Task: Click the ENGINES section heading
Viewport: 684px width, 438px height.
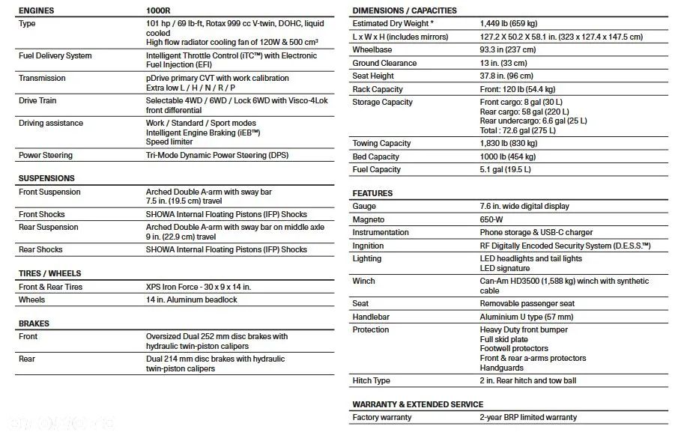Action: [x=36, y=11]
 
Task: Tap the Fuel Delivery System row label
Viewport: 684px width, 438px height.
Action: [x=55, y=55]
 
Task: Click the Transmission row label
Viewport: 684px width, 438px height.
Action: [x=42, y=78]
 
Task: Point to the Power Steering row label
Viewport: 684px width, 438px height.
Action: [x=46, y=155]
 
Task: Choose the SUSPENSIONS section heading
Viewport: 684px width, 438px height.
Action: [x=46, y=178]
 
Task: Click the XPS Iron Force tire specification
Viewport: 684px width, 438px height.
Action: [x=199, y=287]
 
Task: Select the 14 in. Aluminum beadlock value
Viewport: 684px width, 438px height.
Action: [x=191, y=299]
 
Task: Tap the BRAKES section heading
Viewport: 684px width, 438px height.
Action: [x=34, y=323]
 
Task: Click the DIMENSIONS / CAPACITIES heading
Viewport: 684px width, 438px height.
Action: [x=405, y=10]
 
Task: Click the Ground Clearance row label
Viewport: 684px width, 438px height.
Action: [x=384, y=63]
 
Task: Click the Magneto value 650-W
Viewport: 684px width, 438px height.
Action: [x=491, y=219]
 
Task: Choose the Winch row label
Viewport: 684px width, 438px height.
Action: [x=365, y=281]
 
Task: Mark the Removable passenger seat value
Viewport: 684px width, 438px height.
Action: [x=527, y=303]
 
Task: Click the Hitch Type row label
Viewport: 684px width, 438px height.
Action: [x=372, y=380]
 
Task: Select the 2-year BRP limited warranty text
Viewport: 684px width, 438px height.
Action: [x=528, y=417]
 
